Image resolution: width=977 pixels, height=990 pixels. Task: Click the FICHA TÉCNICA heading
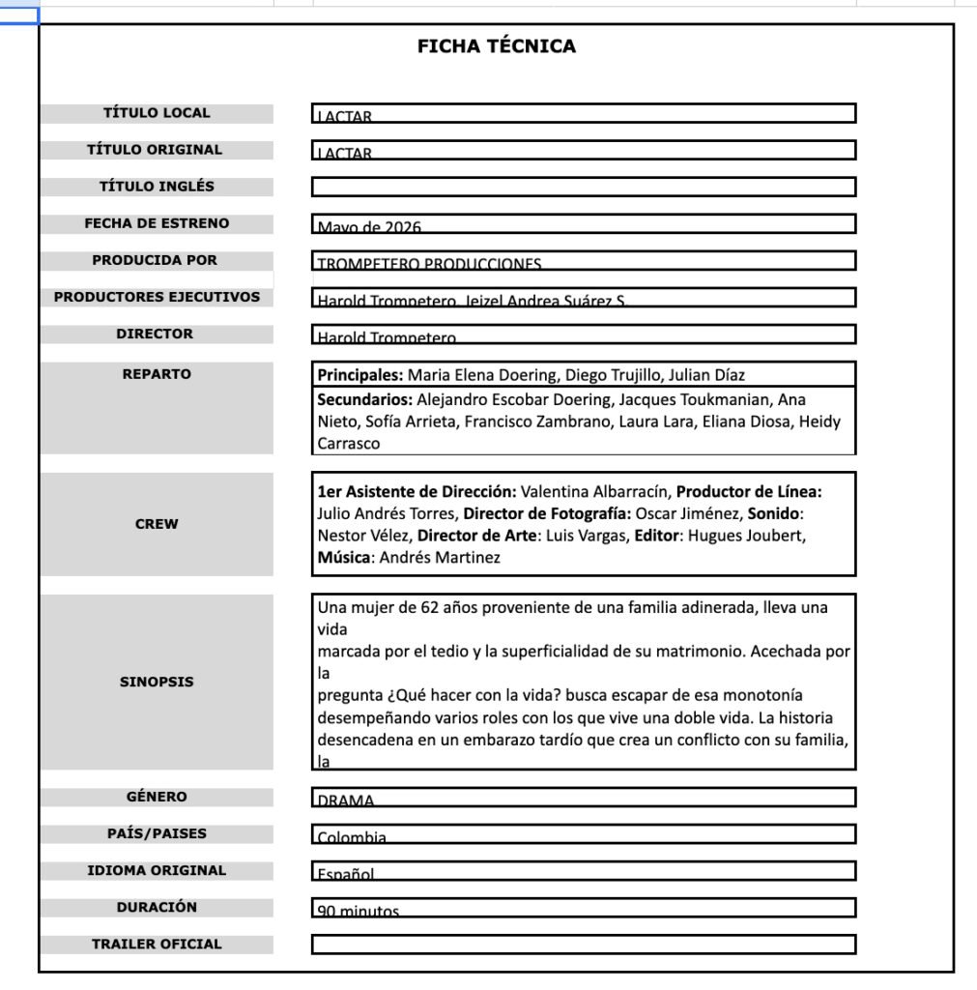click(x=496, y=46)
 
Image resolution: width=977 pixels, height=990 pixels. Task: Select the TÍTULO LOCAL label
click(x=157, y=113)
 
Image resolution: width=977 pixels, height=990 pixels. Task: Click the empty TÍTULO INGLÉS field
click(x=583, y=187)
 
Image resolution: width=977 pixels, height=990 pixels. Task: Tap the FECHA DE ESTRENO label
click(x=157, y=223)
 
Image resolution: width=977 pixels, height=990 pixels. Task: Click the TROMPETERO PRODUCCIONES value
click(x=429, y=263)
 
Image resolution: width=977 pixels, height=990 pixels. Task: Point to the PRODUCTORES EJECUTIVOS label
click(x=157, y=297)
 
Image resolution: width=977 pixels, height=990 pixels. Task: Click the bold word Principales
click(x=360, y=375)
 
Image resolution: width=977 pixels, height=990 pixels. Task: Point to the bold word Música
click(x=345, y=558)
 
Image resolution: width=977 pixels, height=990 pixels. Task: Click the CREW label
click(x=157, y=524)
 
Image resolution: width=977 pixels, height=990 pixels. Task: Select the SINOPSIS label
click(x=157, y=682)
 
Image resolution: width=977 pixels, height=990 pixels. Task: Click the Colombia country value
click(x=352, y=836)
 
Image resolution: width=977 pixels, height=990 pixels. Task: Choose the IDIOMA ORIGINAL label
click(x=157, y=870)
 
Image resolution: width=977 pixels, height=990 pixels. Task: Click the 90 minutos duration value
click(x=358, y=911)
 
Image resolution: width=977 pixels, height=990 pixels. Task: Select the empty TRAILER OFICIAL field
click(x=583, y=945)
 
